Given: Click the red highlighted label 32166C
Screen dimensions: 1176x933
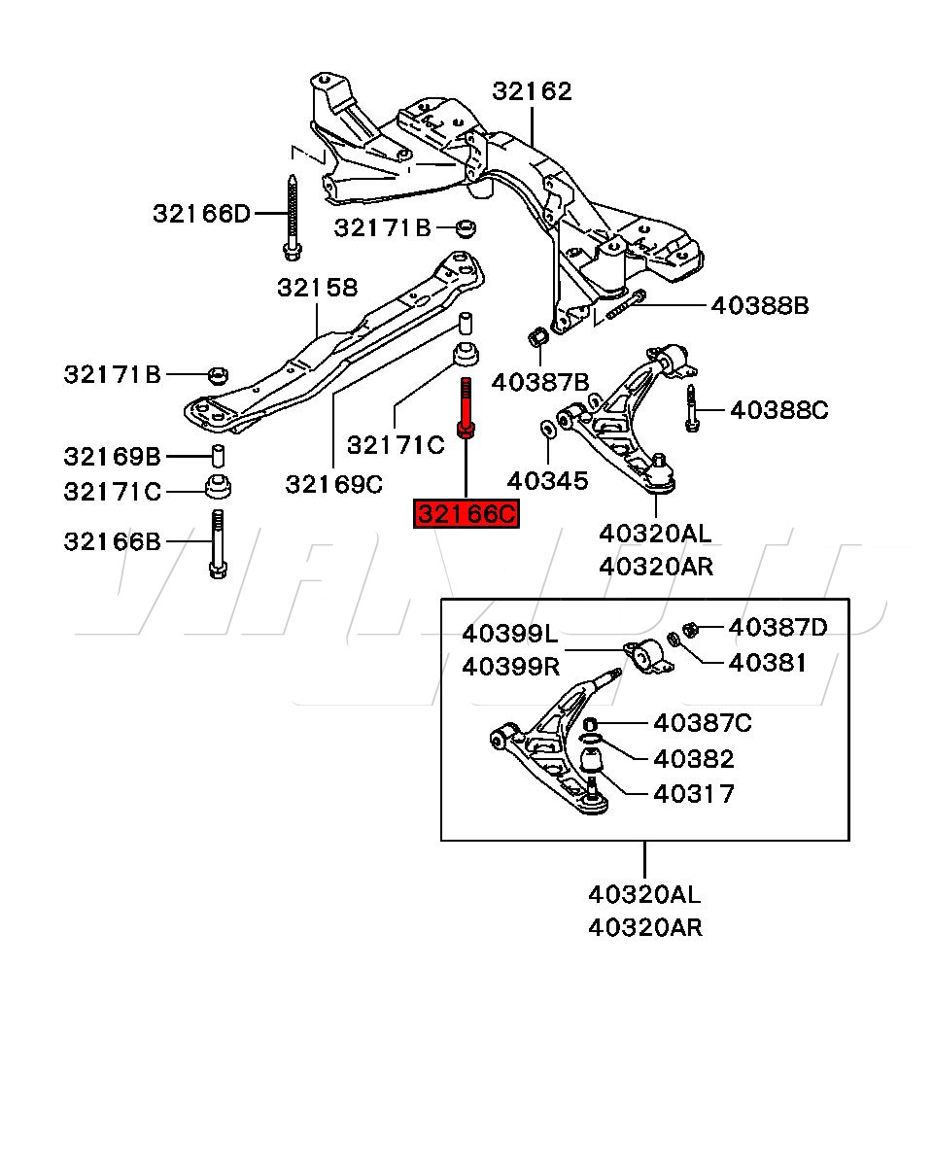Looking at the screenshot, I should (x=466, y=513).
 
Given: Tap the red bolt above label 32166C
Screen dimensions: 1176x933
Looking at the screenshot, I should (x=466, y=408).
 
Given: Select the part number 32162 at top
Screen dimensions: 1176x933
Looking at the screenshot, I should (x=532, y=91).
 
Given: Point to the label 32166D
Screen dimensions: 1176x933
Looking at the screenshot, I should (x=201, y=213).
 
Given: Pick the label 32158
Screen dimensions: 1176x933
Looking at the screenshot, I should (x=317, y=288).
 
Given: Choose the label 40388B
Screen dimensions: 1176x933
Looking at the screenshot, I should (x=759, y=305).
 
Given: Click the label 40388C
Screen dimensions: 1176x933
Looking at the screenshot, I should (x=778, y=410).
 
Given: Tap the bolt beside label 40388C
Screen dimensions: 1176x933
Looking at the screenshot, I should (x=691, y=408).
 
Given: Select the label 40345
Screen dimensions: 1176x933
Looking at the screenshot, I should (x=548, y=479).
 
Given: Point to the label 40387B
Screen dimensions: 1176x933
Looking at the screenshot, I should (x=540, y=382).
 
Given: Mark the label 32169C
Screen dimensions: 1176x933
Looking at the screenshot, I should (x=333, y=482).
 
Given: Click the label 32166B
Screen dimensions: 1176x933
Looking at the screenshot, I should (x=113, y=541).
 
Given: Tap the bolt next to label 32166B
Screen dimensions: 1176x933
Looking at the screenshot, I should (x=217, y=544).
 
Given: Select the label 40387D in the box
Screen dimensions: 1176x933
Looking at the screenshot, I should (x=777, y=628).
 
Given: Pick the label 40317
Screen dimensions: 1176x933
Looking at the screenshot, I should (x=694, y=794).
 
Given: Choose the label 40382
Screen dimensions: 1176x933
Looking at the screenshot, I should (x=694, y=758).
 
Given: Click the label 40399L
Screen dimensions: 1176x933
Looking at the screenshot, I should (x=510, y=634).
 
